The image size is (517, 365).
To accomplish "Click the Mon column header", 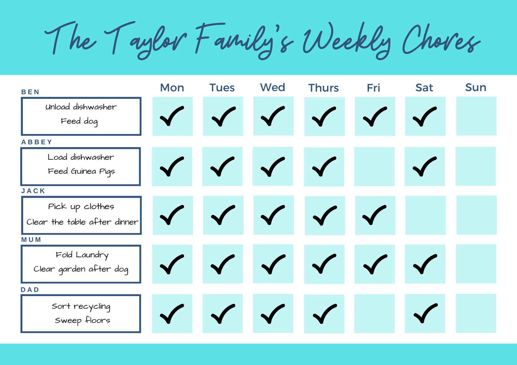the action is pyautogui.click(x=172, y=87).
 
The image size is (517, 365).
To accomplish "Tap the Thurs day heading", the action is pyautogui.click(x=323, y=88).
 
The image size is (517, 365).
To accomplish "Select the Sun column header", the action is pyautogui.click(x=476, y=87).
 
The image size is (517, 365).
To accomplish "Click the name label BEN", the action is pyautogui.click(x=30, y=92).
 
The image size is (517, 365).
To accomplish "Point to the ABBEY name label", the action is pyautogui.click(x=37, y=142).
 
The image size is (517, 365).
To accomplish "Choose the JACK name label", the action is pyautogui.click(x=33, y=191).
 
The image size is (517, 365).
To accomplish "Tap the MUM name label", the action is pyautogui.click(x=31, y=240).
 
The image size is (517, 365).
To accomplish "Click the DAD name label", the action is pyautogui.click(x=30, y=290).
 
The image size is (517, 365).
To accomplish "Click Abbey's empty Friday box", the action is pyautogui.click(x=374, y=166).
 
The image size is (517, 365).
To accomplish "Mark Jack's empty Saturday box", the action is pyautogui.click(x=426, y=215).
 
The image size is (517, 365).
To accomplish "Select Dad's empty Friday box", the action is pyautogui.click(x=374, y=314).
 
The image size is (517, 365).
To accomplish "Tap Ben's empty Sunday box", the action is pyautogui.click(x=476, y=116).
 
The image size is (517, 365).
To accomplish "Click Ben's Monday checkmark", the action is pyautogui.click(x=172, y=116).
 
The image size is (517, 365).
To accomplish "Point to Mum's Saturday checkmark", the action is pyautogui.click(x=425, y=264).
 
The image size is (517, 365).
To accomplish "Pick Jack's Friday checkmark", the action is pyautogui.click(x=374, y=215).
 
